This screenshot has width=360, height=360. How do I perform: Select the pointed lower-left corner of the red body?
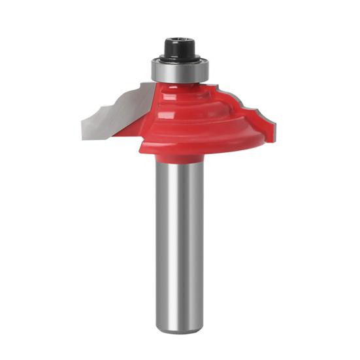[x=140, y=151]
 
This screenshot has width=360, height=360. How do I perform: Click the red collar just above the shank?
[x=178, y=157]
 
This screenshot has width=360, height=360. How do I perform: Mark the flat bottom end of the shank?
[x=178, y=331]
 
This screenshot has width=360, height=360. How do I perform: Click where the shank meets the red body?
[x=178, y=164]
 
